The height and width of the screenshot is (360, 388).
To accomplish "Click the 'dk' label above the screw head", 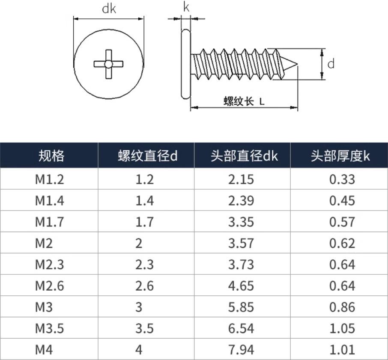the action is click(x=109, y=9).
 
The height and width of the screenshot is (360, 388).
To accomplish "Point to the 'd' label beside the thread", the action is click(x=331, y=63).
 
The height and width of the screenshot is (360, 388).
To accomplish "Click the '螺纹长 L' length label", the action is click(x=244, y=101).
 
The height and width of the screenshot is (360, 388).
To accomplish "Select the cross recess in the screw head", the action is click(x=108, y=64).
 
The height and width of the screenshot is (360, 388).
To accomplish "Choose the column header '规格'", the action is click(x=51, y=156).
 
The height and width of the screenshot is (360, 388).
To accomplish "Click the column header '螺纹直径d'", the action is click(x=147, y=156).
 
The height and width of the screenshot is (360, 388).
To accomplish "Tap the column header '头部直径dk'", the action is click(x=244, y=156).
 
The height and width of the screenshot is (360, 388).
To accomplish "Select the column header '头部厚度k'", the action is click(x=340, y=156).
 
